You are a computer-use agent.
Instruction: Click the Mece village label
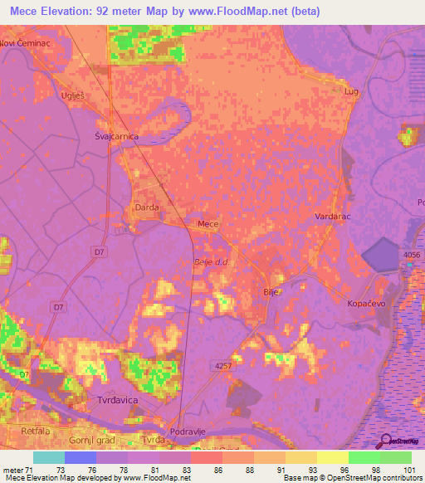pyautogui.click(x=208, y=224)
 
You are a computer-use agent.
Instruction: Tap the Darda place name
pyautogui.click(x=146, y=207)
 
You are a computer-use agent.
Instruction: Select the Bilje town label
pyautogui.click(x=271, y=292)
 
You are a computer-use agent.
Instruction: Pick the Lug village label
pyautogui.click(x=352, y=91)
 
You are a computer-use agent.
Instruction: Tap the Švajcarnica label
pyautogui.click(x=115, y=136)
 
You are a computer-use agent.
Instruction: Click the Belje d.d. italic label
pyautogui.click(x=210, y=261)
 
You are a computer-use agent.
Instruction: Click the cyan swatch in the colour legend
pyautogui.click(x=48, y=457)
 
